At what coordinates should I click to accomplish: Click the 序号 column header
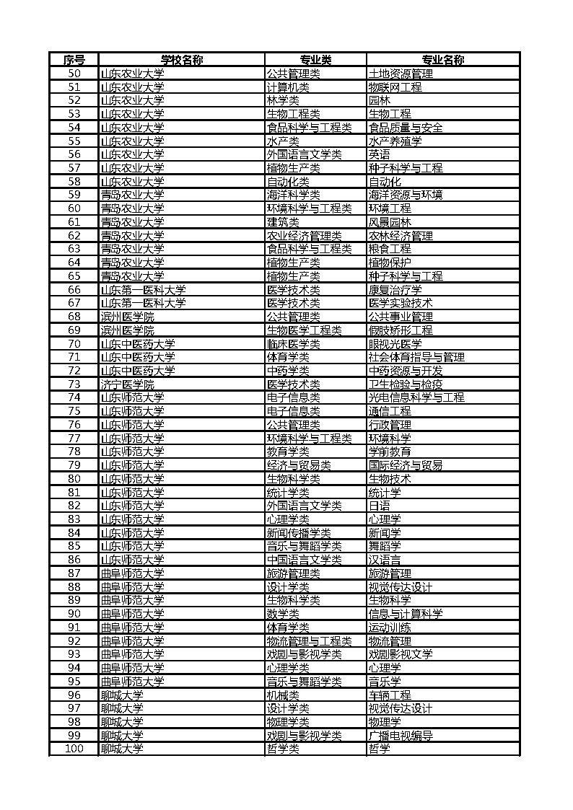click(74, 60)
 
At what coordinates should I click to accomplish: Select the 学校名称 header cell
click(181, 60)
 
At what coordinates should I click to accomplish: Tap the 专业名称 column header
click(442, 60)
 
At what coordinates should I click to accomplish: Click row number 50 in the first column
click(74, 74)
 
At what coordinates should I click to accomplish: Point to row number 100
click(74, 749)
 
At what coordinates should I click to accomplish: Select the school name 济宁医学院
click(127, 384)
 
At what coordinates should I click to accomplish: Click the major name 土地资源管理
click(401, 74)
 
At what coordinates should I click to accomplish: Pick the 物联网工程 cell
click(395, 87)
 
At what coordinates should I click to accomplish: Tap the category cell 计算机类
click(288, 87)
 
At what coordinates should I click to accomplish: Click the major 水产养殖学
click(395, 141)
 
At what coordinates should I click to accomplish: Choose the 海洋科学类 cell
click(293, 195)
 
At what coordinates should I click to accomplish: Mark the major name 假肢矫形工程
click(401, 330)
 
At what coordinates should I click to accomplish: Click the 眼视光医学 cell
click(395, 343)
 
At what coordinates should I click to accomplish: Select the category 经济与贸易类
click(299, 465)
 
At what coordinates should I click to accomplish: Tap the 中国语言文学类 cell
click(304, 560)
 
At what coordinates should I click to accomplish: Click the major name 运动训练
click(390, 628)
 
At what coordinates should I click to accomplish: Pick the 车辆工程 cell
click(390, 695)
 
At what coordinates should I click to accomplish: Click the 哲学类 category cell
click(283, 749)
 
